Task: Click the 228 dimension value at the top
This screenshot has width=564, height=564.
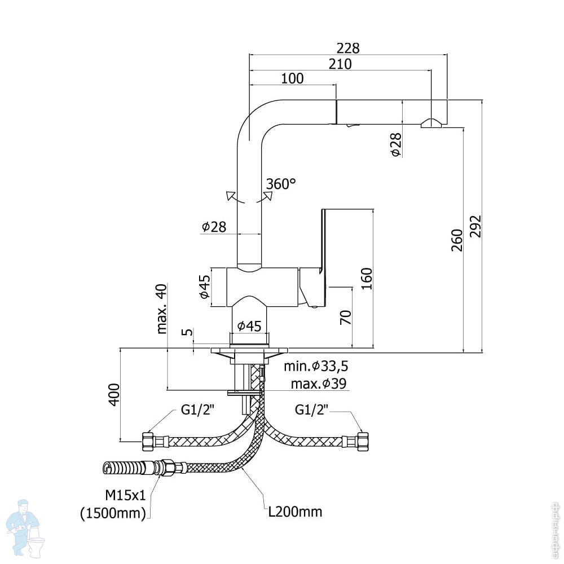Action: coord(348,48)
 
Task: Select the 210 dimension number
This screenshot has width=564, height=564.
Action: coord(340,64)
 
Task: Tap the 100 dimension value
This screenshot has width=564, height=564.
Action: coord(292,78)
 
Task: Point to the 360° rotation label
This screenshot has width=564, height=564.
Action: coord(281,184)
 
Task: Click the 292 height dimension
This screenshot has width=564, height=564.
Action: coord(475,226)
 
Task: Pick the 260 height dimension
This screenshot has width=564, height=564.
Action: coord(457,240)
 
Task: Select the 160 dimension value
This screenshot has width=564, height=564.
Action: coord(367,279)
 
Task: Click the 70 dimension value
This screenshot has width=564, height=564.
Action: coord(345,317)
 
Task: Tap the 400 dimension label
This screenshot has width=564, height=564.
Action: coord(114,395)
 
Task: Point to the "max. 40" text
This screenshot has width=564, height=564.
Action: coord(162,309)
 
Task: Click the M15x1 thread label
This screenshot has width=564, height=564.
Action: coord(125,495)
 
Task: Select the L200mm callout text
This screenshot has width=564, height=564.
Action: coord(296,512)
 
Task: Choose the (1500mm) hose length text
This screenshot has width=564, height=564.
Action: coord(113,513)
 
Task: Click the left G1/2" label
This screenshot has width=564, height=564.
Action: coord(197,409)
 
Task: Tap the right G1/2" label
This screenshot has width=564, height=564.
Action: coord(311,409)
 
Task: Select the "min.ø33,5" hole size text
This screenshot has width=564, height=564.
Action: coord(316,366)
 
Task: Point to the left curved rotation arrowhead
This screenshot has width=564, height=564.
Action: coord(230,196)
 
